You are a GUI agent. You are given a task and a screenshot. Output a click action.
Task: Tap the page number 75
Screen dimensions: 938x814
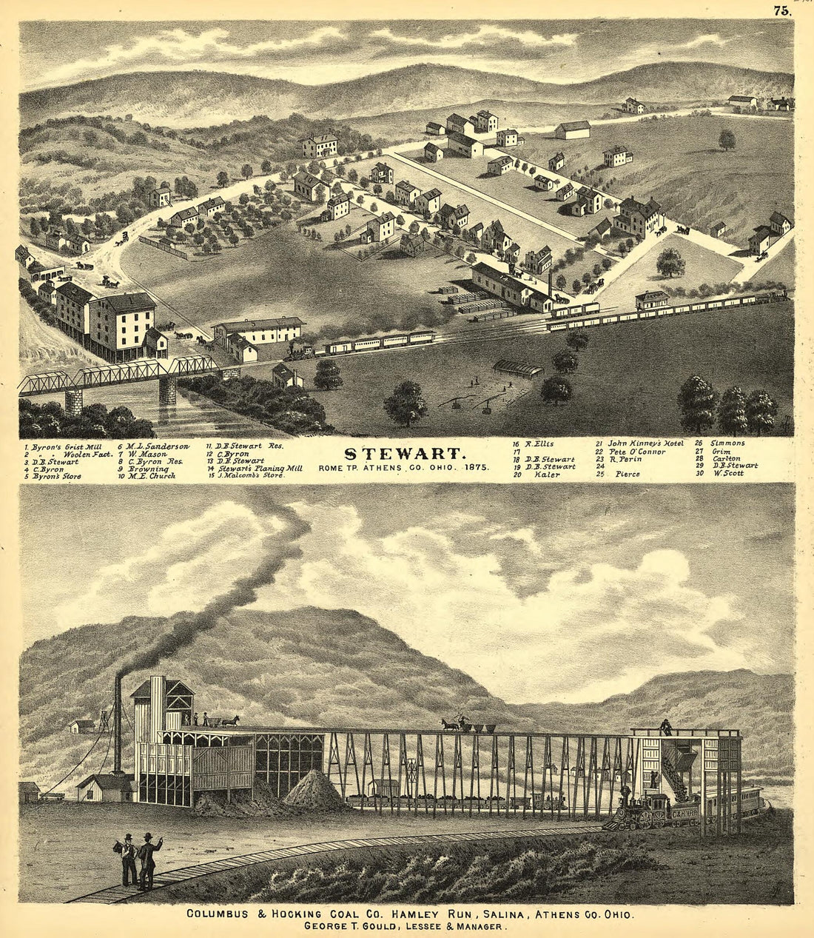(781, 10)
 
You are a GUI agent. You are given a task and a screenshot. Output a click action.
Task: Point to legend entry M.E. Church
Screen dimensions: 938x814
(150, 477)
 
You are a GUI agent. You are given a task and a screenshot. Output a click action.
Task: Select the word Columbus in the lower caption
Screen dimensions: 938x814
(220, 914)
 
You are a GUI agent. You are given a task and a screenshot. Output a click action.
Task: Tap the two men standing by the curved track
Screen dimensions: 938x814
(139, 861)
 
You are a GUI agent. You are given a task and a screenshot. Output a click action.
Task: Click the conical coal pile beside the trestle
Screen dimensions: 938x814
(314, 790)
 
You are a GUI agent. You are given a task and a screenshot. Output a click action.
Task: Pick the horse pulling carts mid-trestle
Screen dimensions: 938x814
(449, 725)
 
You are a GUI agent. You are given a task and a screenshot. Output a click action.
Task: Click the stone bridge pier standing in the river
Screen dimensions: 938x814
(167, 390)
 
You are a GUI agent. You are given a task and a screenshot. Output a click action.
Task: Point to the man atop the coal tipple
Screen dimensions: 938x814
(667, 727)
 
